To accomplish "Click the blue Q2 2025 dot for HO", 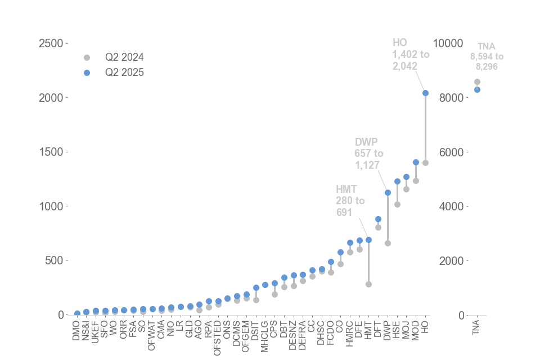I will click(425, 93).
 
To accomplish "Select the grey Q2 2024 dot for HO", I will click(425, 163).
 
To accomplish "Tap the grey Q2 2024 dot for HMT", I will click(368, 284).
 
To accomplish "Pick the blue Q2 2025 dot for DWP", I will click(388, 192).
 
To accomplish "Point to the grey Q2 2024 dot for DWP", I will click(388, 243).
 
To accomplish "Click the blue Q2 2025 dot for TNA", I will click(477, 89).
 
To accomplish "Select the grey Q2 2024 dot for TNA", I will click(477, 82).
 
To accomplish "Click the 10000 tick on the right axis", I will click(451, 43).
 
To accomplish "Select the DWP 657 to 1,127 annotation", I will click(369, 153).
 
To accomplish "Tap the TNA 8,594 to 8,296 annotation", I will click(487, 56).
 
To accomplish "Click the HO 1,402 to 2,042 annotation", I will click(411, 54).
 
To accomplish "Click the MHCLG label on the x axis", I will click(264, 334).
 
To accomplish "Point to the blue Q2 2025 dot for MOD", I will click(416, 162).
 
